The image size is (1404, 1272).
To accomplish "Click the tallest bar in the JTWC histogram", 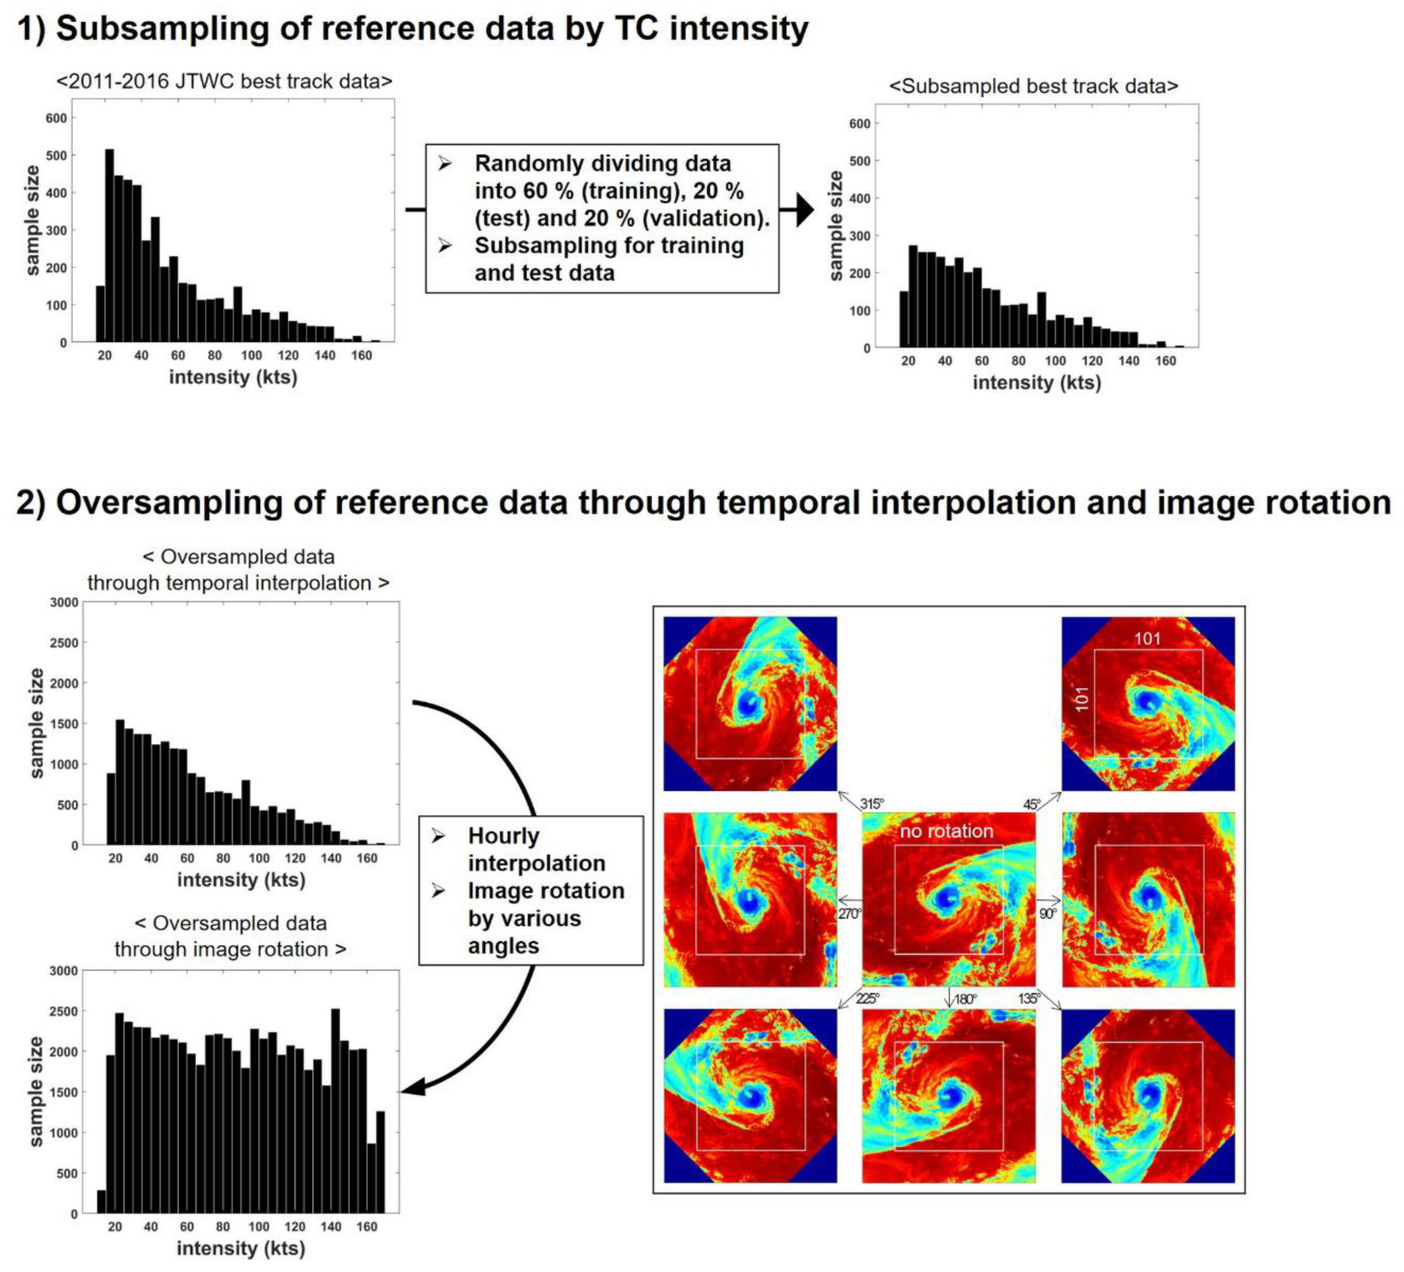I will pos(109,245).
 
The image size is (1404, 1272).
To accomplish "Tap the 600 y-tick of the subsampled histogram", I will pos(860,124).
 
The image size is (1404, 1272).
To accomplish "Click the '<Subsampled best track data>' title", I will pos(1033,86).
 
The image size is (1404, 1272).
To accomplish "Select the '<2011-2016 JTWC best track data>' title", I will pos(224,82).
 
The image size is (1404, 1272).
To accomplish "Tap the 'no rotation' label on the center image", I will pos(946,831).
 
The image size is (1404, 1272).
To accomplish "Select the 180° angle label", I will pos(964,999).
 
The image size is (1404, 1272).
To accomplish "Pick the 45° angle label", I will pos(1031,804).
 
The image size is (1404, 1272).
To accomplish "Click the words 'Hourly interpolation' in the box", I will pos(536,849).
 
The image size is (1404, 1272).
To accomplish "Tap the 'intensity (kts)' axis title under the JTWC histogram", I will pos(233,377).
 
